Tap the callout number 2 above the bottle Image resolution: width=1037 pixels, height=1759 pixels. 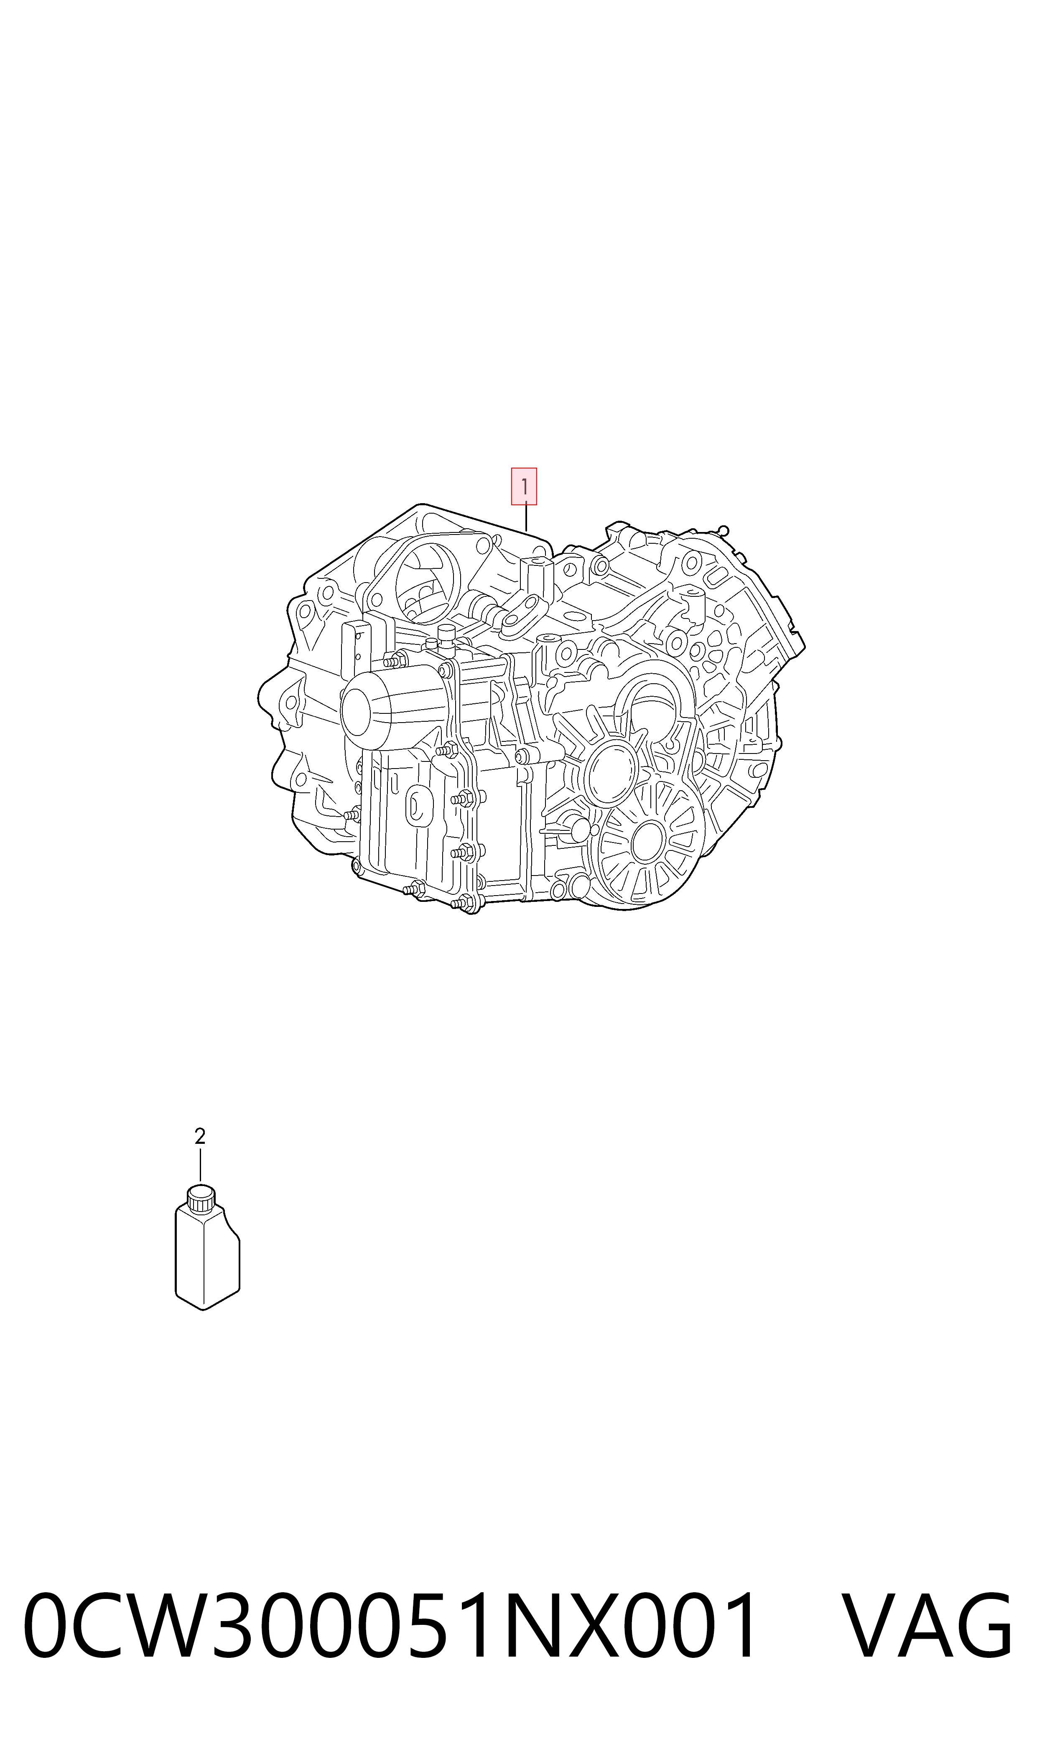(x=200, y=1137)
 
